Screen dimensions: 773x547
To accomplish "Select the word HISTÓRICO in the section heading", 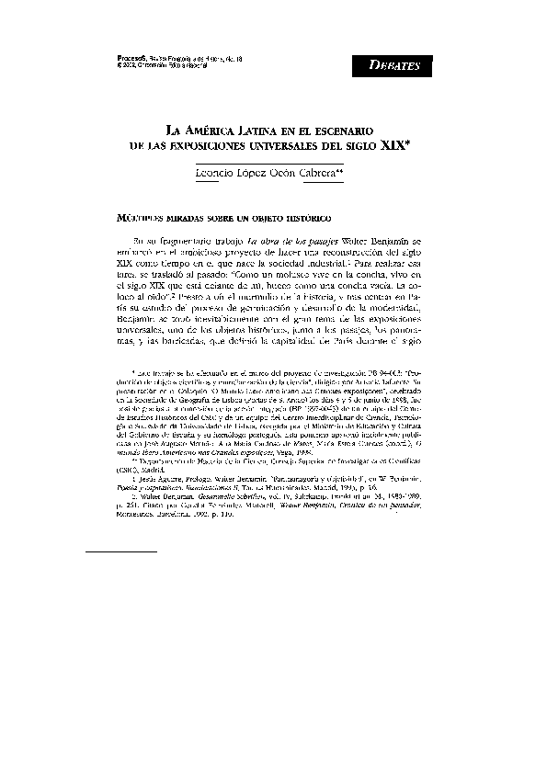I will point(300,221).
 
